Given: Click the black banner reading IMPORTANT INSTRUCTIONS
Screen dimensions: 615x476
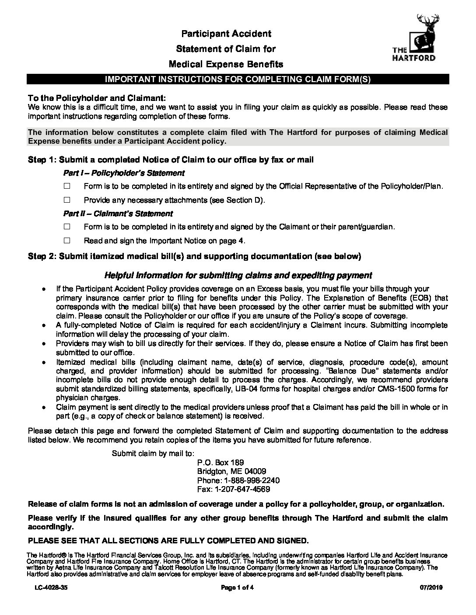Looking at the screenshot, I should (238, 79).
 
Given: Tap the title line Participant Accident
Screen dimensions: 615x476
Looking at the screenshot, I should (226, 34).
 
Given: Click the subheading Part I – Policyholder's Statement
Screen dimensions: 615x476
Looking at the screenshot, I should (124, 173).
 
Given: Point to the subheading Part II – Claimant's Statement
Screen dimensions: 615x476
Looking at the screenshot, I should (118, 214).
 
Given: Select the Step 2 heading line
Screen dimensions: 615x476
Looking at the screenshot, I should (194, 256).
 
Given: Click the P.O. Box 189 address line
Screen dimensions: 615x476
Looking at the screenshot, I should (220, 463).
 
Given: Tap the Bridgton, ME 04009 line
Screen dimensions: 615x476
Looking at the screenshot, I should (231, 471).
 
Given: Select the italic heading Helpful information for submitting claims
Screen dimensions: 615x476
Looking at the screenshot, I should (238, 275).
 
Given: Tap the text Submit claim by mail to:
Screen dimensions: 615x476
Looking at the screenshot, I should (153, 453).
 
